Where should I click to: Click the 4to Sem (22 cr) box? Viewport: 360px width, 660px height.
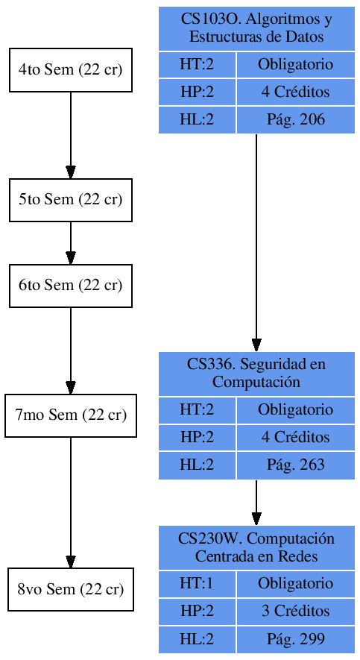[71, 71]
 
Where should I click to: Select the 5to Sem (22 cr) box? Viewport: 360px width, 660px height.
[71, 200]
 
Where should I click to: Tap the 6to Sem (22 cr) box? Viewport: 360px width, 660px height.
[71, 286]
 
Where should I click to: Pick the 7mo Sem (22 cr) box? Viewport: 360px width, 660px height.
[71, 415]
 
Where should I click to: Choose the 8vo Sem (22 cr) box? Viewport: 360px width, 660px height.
[71, 590]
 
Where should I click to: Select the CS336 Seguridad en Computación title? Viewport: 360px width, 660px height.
[256, 374]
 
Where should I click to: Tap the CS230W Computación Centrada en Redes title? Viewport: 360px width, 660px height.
[256, 548]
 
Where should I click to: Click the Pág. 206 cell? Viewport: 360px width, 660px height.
[295, 119]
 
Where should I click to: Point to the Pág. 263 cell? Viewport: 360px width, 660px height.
[295, 465]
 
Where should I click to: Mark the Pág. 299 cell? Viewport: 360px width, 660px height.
[295, 639]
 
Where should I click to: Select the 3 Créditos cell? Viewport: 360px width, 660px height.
[295, 612]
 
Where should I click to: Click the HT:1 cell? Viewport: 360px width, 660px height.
[197, 584]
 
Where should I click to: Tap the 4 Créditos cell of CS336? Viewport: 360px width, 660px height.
[295, 437]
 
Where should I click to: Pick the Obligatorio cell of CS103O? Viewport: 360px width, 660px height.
[295, 65]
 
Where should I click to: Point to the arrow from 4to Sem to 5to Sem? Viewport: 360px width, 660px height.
[71, 135]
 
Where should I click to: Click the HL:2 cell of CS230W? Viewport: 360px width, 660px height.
[197, 639]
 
